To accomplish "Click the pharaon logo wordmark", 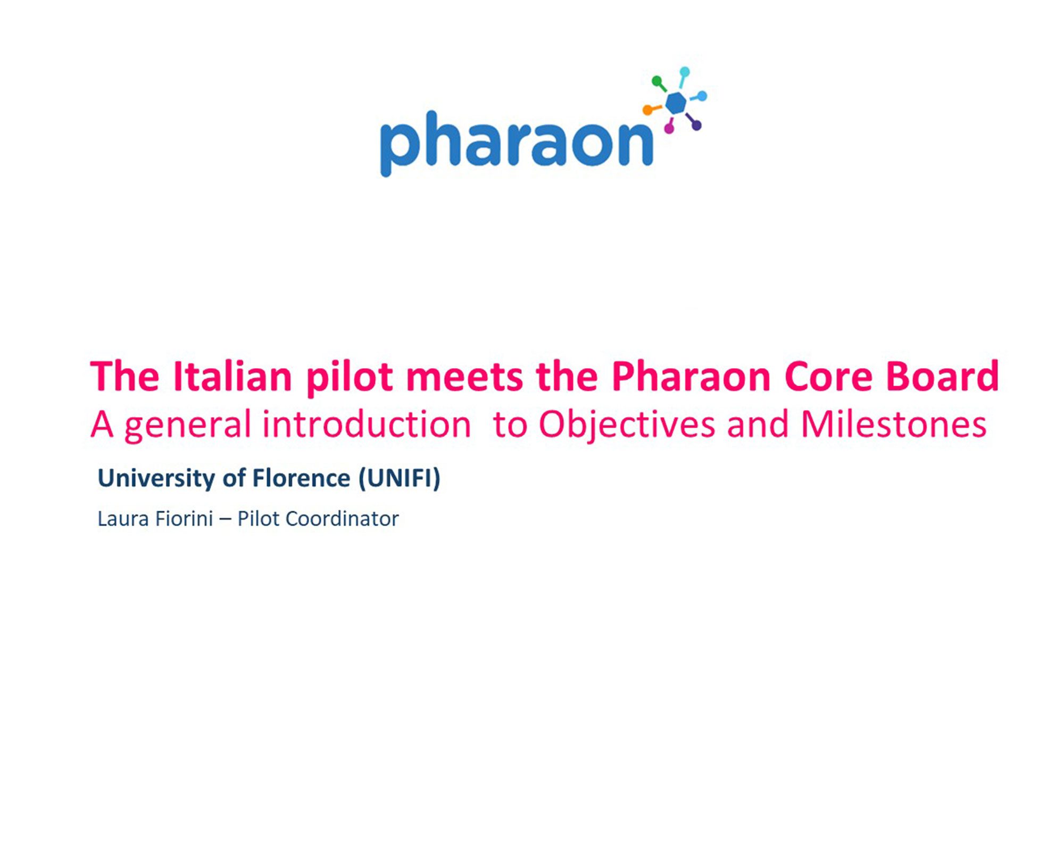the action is click(517, 143).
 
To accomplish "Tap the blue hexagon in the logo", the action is click(676, 103).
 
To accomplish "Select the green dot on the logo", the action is click(657, 81).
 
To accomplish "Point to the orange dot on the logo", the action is click(647, 110).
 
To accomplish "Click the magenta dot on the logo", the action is click(669, 128).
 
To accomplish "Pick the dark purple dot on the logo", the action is click(696, 126).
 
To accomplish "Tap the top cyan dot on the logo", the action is click(685, 72).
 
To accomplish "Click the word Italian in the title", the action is click(232, 376).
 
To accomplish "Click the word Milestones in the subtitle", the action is click(894, 424).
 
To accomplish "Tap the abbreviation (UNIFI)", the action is click(400, 478).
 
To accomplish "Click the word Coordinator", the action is click(342, 519).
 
